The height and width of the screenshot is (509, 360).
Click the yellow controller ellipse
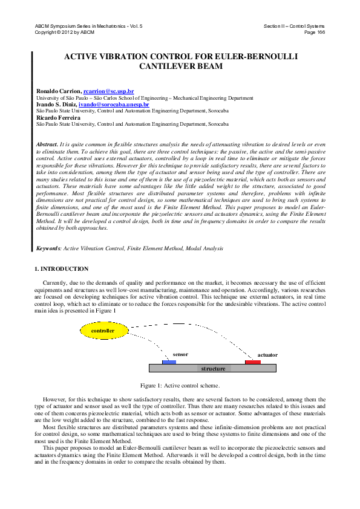[102, 331]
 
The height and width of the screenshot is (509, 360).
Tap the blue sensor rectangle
[169, 361]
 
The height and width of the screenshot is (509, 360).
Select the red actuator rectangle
[253, 361]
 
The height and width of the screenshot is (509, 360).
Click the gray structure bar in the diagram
[213, 368]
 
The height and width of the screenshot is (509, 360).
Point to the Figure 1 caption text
[180, 385]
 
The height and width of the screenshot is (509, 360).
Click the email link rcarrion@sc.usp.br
[109, 91]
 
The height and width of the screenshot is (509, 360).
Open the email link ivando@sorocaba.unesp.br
[114, 104]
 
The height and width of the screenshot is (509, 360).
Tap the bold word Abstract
[47, 145]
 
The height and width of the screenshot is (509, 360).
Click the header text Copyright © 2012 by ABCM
[65, 31]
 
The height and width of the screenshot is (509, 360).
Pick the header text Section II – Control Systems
[294, 26]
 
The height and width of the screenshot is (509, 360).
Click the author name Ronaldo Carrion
[59, 91]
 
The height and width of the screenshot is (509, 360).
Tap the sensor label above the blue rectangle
[180, 354]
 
